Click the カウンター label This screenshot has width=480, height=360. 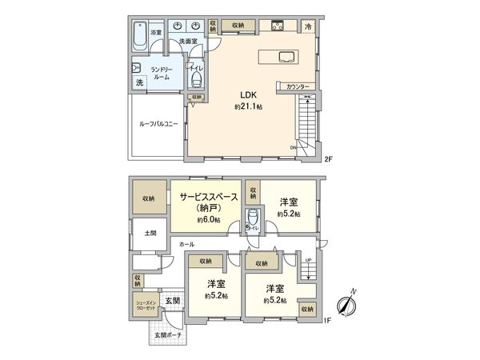[295, 86]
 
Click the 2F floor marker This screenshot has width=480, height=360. [327, 158]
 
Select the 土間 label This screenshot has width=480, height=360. [150, 234]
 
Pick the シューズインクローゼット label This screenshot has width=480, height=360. [146, 305]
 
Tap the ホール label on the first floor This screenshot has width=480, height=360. [186, 242]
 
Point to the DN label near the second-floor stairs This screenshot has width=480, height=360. [293, 147]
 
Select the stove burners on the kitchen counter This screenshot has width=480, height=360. [276, 26]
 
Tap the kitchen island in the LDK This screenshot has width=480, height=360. [278, 56]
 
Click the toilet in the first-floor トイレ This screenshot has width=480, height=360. [254, 218]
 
